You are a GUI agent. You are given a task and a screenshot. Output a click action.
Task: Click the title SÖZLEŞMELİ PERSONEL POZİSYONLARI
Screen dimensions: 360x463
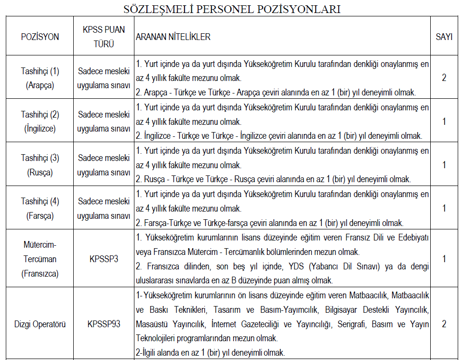(232, 9)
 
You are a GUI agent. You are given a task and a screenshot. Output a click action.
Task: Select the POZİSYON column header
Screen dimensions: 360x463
(40, 37)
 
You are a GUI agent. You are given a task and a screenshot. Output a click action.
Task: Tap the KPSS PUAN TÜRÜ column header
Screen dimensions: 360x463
(104, 36)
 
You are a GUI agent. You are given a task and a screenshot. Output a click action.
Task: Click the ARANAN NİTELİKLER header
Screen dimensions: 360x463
(173, 37)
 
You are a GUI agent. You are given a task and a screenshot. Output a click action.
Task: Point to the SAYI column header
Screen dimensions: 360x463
(444, 37)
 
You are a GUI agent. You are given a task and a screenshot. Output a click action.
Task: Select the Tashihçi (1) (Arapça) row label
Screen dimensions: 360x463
(40, 78)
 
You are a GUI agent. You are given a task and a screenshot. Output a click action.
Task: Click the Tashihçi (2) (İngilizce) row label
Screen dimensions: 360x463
(40, 121)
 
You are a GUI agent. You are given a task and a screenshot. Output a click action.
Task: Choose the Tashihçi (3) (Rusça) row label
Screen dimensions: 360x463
(40, 164)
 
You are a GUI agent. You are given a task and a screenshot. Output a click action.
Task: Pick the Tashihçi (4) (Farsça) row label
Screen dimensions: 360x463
(40, 208)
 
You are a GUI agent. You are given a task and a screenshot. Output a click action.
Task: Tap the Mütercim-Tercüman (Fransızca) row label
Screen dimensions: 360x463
(40, 259)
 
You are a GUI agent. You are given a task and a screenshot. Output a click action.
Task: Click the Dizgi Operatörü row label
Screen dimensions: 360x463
(40, 324)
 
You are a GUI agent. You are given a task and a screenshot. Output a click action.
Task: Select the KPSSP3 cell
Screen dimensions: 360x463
(104, 259)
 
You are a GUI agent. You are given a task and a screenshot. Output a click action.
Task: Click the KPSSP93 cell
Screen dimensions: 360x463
(104, 324)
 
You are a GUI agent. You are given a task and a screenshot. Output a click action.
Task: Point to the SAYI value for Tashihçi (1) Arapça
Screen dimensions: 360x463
(444, 78)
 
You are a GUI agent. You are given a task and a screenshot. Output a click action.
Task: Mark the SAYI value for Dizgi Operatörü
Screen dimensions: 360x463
(444, 324)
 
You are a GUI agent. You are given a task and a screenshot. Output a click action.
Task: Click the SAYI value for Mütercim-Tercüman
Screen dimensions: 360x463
(444, 259)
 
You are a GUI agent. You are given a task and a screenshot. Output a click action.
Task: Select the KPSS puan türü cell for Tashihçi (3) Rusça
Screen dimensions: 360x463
(104, 164)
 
